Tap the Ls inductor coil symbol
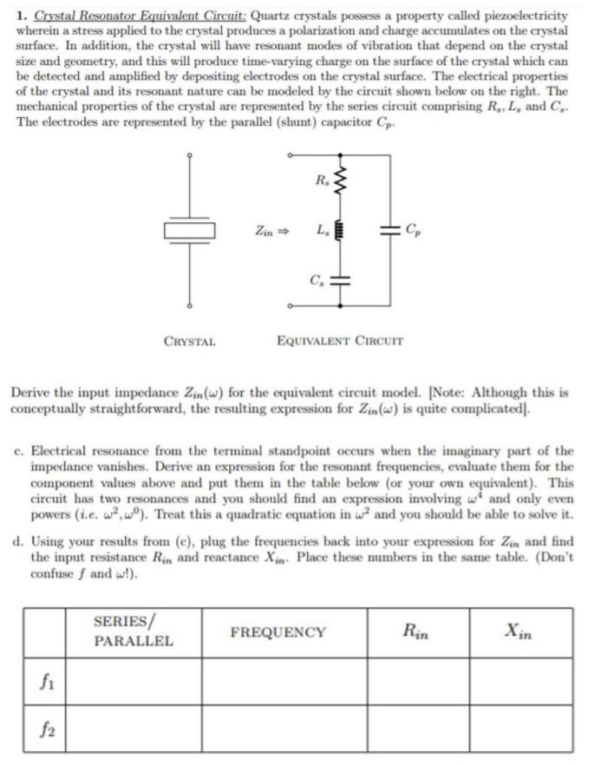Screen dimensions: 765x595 [340, 232]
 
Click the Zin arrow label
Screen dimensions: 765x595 [271, 232]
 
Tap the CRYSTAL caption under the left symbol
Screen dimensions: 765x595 [189, 342]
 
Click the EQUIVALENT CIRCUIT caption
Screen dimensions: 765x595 [339, 342]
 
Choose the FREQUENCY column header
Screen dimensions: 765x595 [278, 632]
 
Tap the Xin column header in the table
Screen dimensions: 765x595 [521, 632]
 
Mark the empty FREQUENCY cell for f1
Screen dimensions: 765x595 [278, 682]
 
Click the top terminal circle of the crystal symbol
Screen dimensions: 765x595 [188, 155]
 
